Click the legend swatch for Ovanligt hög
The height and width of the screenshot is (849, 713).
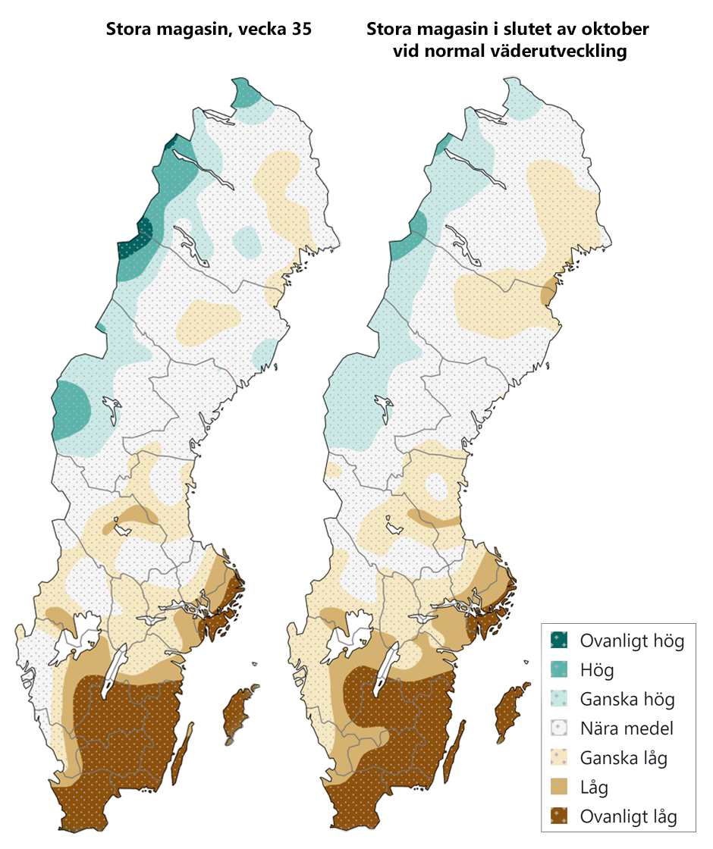pyautogui.click(x=560, y=641)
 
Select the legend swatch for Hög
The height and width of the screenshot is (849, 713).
pyautogui.click(x=560, y=670)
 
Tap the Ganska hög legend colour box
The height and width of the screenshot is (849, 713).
pyautogui.click(x=560, y=699)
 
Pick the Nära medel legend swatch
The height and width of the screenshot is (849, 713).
pyautogui.click(x=560, y=728)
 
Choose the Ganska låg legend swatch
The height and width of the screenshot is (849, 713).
pyautogui.click(x=560, y=758)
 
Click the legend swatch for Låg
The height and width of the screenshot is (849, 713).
pyautogui.click(x=560, y=788)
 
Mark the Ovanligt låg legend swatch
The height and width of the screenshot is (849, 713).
pyautogui.click(x=560, y=817)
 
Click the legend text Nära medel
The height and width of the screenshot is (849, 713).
pyautogui.click(x=627, y=728)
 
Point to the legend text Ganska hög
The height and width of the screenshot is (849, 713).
pyautogui.click(x=627, y=699)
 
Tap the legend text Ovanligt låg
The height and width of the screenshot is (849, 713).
pyautogui.click(x=628, y=817)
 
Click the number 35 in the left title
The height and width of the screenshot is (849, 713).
pyautogui.click(x=298, y=31)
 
